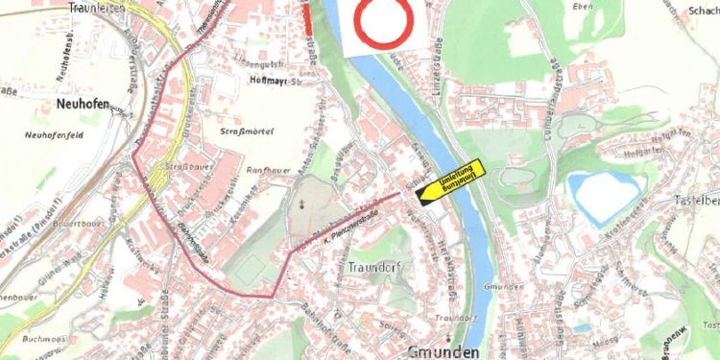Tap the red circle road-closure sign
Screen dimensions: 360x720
point(382,23)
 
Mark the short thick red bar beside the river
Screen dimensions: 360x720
point(306,18)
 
